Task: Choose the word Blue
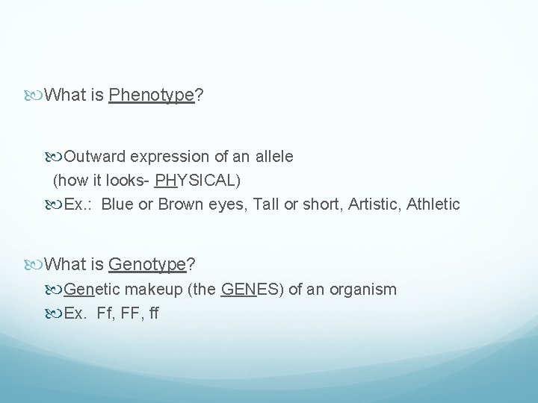click(115, 204)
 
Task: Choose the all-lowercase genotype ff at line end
click(153, 313)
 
